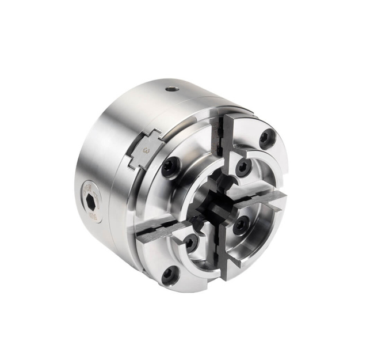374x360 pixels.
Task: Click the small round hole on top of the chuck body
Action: pyautogui.click(x=171, y=88)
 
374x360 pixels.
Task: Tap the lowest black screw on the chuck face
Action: pyautogui.click(x=169, y=275)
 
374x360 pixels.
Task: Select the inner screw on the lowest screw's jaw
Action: pyautogui.click(x=189, y=242)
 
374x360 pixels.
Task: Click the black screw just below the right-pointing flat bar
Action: pyautogui.click(x=239, y=225)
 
